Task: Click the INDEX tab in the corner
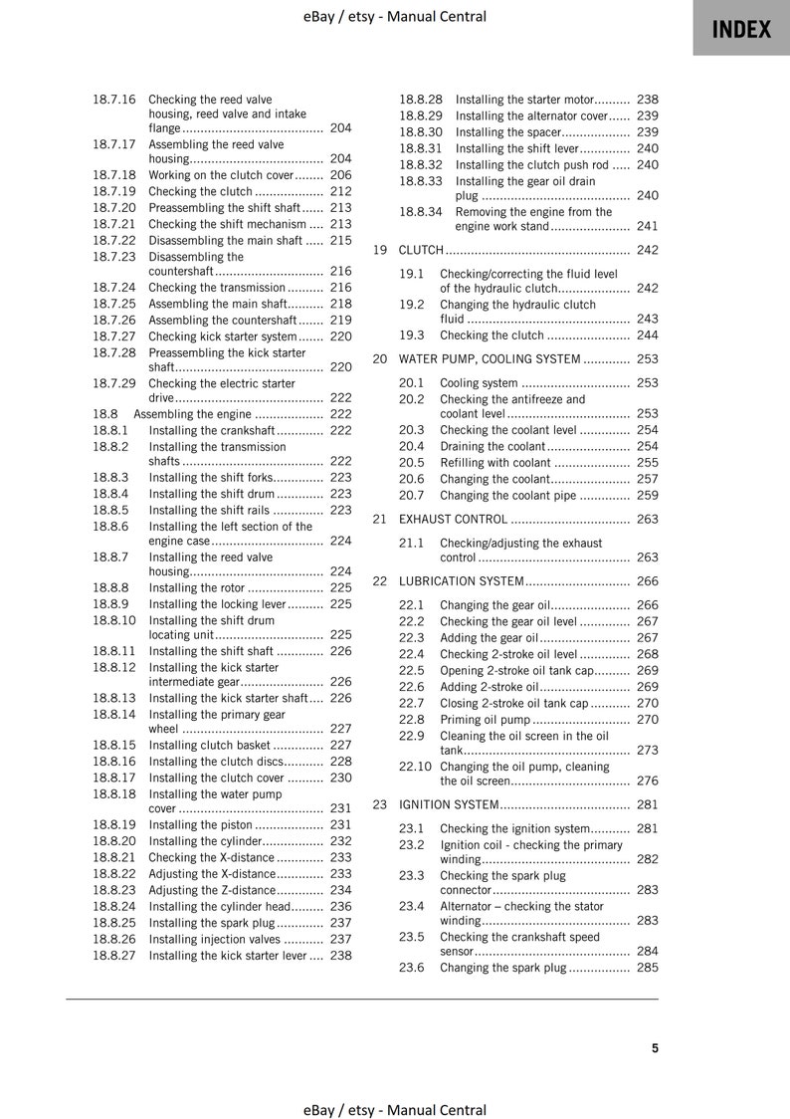pos(741,29)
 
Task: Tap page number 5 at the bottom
pos(655,1047)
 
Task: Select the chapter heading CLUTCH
pos(421,250)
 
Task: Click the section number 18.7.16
pos(113,100)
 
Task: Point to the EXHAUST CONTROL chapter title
pos(454,519)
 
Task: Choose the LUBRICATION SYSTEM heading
pos(461,581)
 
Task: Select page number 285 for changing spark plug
pos(647,968)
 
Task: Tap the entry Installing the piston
pos(200,824)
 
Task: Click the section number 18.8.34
pos(421,212)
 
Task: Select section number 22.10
pos(415,767)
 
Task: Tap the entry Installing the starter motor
pos(524,100)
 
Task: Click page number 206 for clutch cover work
pos(340,175)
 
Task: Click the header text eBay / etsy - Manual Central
pos(395,16)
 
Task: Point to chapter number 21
pos(379,519)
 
